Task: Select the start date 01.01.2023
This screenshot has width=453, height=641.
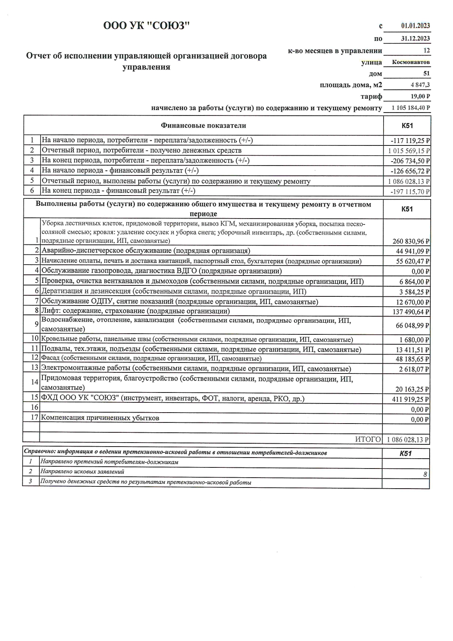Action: [x=415, y=26]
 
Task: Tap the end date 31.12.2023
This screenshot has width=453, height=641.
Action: [x=415, y=38]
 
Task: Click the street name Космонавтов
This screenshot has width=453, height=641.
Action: [x=411, y=62]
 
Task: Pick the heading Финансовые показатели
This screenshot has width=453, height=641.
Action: [x=203, y=126]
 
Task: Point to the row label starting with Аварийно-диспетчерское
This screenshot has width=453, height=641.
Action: [x=146, y=251]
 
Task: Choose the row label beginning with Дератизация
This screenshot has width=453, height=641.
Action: [x=174, y=292]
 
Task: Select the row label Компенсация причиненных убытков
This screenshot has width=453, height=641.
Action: [x=100, y=418]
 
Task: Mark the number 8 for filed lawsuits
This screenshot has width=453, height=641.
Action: [x=425, y=474]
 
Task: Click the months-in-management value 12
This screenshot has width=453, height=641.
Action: [x=426, y=50]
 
